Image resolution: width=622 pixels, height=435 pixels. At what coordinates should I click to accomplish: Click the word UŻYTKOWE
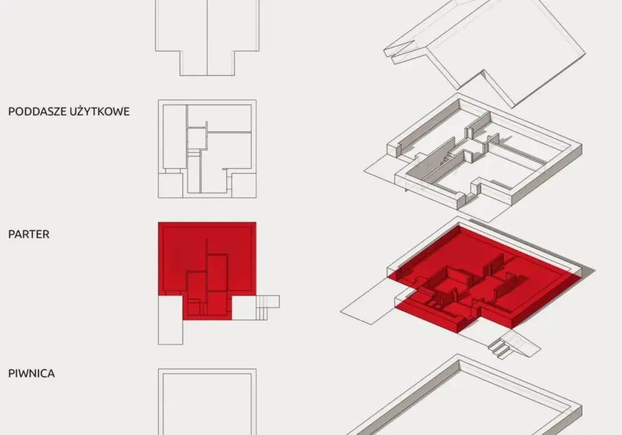pyautogui.click(x=100, y=111)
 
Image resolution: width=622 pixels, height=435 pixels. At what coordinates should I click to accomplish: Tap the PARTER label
pyautogui.click(x=29, y=234)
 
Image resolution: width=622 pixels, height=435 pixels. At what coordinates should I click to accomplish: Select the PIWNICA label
pyautogui.click(x=31, y=373)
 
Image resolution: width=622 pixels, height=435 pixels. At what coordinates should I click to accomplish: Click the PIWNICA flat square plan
pyautogui.click(x=207, y=401)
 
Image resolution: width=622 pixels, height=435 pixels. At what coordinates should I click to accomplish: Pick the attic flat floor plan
pyautogui.click(x=207, y=149)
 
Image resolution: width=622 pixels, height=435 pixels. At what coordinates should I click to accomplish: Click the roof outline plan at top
pyautogui.click(x=207, y=38)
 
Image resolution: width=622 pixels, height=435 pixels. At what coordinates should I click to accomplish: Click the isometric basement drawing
pyautogui.click(x=464, y=396)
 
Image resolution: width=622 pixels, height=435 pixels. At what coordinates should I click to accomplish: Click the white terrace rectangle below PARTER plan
pyautogui.click(x=170, y=321)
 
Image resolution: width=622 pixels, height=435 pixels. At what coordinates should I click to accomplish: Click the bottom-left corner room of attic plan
pyautogui.click(x=170, y=185)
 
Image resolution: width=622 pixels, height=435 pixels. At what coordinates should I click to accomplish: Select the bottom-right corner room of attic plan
pyautogui.click(x=244, y=185)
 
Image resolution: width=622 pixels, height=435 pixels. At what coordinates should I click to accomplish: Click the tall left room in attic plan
pyautogui.click(x=175, y=137)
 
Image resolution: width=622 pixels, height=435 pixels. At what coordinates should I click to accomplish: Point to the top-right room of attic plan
pyautogui.click(x=220, y=117)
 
